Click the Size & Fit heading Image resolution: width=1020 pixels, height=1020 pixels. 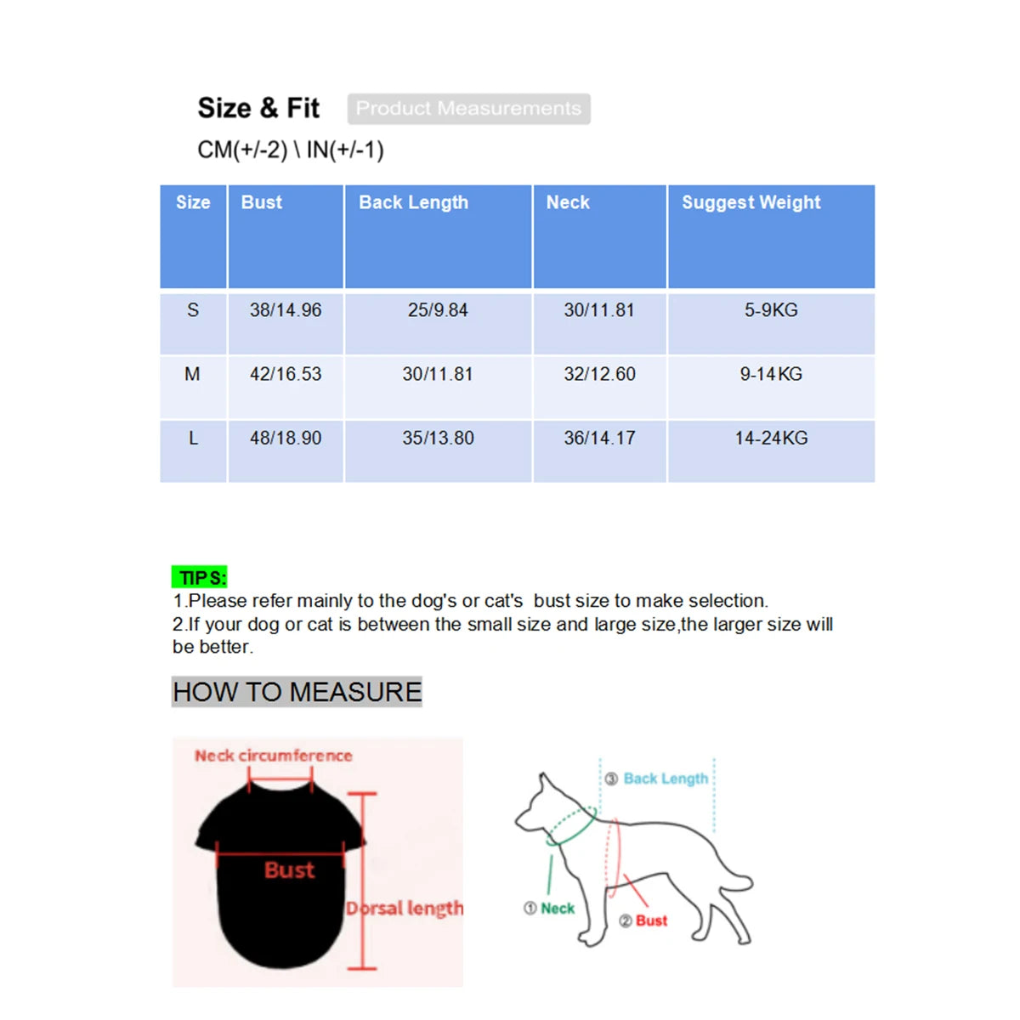[258, 109]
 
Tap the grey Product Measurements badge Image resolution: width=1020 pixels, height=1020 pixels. [468, 109]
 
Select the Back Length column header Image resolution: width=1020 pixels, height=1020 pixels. [413, 202]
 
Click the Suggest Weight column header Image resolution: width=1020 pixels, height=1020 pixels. [751, 202]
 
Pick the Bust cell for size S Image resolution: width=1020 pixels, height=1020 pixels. [286, 310]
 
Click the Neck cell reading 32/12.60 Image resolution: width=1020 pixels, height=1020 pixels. [599, 374]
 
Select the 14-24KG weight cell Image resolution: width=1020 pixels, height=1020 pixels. [771, 438]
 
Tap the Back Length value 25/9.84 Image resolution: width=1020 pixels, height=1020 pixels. [438, 310]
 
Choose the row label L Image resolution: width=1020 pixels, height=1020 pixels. [193, 438]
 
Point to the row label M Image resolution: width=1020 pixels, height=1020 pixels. [193, 374]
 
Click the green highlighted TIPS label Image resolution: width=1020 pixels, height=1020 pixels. [201, 578]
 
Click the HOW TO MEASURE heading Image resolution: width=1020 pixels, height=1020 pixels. [297, 692]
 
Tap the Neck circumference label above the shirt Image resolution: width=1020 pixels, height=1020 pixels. [273, 756]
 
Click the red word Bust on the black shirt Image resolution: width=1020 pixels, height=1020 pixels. [289, 870]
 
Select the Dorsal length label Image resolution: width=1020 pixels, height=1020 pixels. [405, 909]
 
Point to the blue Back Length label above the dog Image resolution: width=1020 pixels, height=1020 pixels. [665, 779]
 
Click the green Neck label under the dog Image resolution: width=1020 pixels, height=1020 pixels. [557, 909]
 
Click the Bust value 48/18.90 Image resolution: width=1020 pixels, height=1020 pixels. [286, 438]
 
